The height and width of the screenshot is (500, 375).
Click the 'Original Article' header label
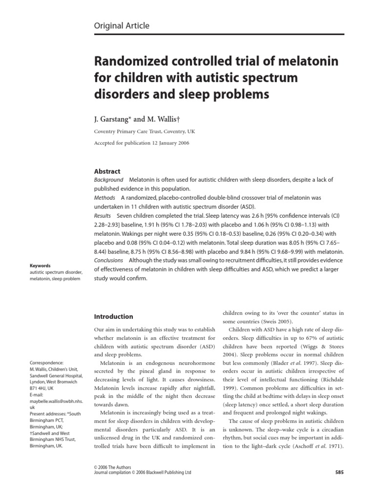point(122,26)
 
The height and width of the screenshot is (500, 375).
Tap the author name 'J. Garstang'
point(113,119)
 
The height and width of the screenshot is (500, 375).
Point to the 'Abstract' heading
point(107,171)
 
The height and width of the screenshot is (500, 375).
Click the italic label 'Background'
point(108,180)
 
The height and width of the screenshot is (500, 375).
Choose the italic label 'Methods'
point(104,198)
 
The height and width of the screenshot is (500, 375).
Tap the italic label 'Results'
point(102,215)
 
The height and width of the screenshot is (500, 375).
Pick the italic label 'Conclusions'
point(108,260)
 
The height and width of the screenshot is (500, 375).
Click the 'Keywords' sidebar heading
point(40,266)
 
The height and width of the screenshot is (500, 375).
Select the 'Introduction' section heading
point(113,316)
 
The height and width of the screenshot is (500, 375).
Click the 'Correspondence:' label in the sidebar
point(47,363)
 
